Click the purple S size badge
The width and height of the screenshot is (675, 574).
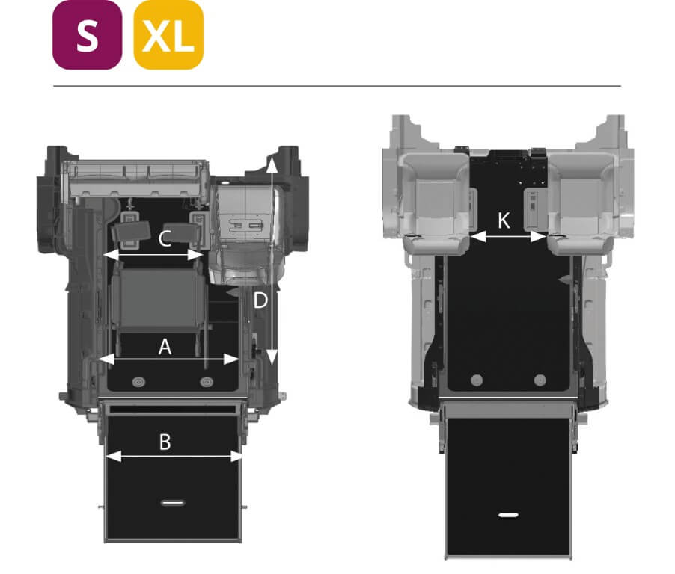pos(87,35)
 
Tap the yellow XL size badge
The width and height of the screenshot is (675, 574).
pos(168,35)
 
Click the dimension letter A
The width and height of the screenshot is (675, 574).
pos(165,347)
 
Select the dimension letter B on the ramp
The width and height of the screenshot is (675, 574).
pos(165,442)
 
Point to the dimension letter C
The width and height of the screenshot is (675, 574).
pos(165,238)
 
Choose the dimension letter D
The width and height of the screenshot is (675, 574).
pos(260,300)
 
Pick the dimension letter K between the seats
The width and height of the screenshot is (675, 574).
pos(504,220)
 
